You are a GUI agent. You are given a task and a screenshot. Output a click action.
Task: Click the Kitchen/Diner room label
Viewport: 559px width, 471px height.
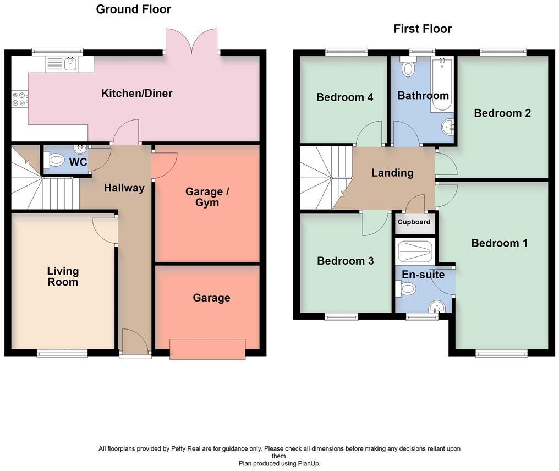click(x=136, y=93)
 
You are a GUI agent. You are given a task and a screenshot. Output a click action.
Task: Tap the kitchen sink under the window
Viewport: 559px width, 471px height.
click(x=70, y=64)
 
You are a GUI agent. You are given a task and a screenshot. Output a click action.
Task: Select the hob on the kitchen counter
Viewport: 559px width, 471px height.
click(x=18, y=97)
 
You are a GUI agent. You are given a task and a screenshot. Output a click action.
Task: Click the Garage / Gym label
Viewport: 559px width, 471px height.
click(x=207, y=197)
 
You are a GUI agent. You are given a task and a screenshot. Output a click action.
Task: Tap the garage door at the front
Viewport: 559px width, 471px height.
click(x=207, y=349)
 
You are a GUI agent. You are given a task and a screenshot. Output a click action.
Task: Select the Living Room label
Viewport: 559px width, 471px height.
click(x=63, y=276)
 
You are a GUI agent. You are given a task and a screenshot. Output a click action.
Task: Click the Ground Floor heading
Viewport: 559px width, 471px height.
click(x=133, y=9)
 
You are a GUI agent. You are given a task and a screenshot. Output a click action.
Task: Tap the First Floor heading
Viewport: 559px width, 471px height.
click(x=423, y=29)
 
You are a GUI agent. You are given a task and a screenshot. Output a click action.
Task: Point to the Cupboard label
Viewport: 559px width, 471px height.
click(x=414, y=222)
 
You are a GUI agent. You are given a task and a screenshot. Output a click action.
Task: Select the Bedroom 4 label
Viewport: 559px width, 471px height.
click(x=344, y=97)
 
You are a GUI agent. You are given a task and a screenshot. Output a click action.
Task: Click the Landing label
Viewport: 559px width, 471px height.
click(x=392, y=173)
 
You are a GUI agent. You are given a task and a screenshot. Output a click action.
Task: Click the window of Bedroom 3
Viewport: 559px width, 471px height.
click(x=341, y=316)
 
